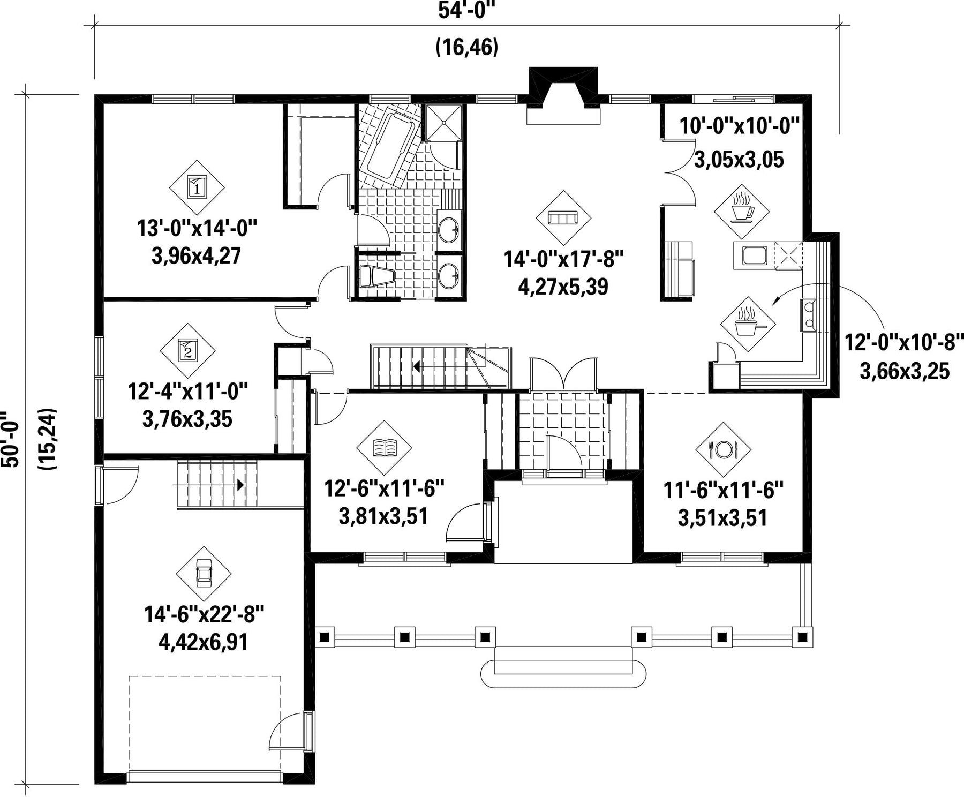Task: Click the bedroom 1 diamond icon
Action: [197, 187]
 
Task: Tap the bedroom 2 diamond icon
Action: [187, 351]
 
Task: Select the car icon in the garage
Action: [204, 574]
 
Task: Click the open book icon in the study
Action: [384, 447]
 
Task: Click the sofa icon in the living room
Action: [563, 217]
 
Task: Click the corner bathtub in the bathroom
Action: [389, 146]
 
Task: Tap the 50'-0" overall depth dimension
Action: [11, 439]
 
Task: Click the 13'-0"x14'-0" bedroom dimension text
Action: [197, 228]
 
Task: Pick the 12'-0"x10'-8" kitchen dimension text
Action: [905, 342]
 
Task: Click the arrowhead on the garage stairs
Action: [240, 485]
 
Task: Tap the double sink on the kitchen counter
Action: [808, 314]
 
